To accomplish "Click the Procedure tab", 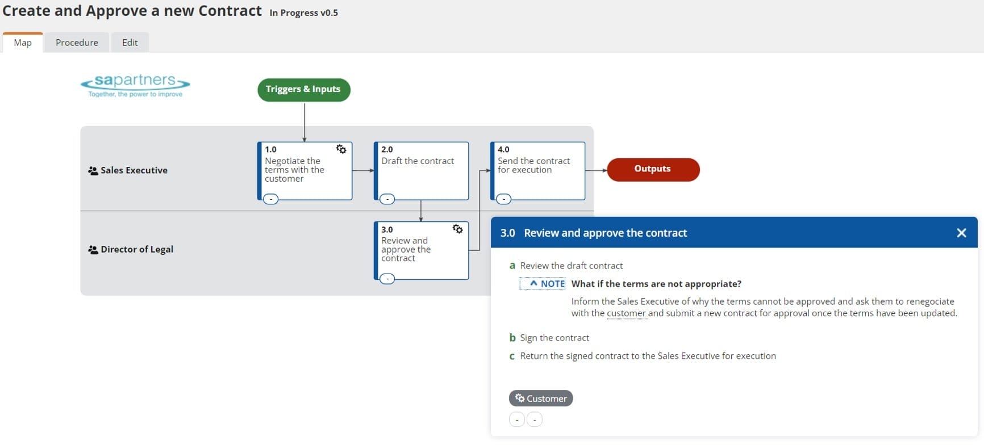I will tap(77, 43).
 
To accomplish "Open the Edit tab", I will tap(130, 43).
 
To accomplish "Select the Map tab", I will tap(23, 43).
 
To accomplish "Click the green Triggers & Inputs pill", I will tap(303, 90).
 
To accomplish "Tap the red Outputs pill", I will tap(653, 169).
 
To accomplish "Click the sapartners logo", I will tap(135, 85).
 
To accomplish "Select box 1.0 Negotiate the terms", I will tap(305, 170).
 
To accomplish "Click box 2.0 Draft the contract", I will tap(421, 170).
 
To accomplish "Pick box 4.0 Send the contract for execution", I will tap(537, 170).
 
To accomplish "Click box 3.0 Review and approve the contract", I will tap(421, 250).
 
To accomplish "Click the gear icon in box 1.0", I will tap(341, 149).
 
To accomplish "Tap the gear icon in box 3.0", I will tap(457, 229).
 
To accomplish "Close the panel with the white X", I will tap(961, 233).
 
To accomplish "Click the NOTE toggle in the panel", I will tap(543, 284).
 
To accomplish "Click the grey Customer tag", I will tap(541, 398).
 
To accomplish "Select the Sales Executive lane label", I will tap(134, 170).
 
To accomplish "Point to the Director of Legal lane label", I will tap(136, 249).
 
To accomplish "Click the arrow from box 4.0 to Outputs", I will tap(596, 170).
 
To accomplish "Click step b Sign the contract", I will tap(554, 338).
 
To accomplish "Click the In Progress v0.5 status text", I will tap(303, 12).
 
